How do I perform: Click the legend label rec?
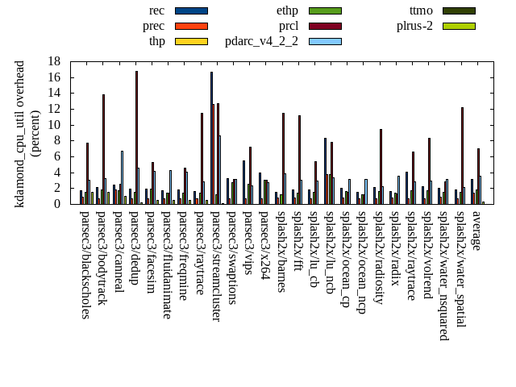pyautogui.click(x=157, y=10)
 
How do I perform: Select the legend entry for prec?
pyautogui.click(x=153, y=26)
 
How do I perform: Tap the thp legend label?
pyautogui.click(x=156, y=41)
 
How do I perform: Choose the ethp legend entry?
pyautogui.click(x=287, y=10)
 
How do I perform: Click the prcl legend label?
pyautogui.click(x=289, y=26)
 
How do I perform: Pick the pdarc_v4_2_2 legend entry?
pyautogui.click(x=261, y=41)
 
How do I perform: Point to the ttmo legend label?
pyautogui.click(x=421, y=10)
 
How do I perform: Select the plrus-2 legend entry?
pyautogui.click(x=414, y=26)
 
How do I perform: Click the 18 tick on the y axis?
pyautogui.click(x=54, y=61)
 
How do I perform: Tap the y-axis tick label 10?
pyautogui.click(x=54, y=125)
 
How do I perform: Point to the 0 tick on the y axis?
pyautogui.click(x=57, y=204)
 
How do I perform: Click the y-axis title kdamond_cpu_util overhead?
pyautogui.click(x=20, y=134)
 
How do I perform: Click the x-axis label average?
pyautogui.click(x=476, y=230)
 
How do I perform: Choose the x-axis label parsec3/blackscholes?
pyautogui.click(x=85, y=264)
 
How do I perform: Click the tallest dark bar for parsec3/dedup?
pyautogui.click(x=136, y=137)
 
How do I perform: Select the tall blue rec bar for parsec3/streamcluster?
pyautogui.click(x=211, y=138)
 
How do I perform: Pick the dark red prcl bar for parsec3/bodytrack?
pyautogui.click(x=103, y=149)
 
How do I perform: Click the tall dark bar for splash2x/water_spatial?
pyautogui.click(x=462, y=156)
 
